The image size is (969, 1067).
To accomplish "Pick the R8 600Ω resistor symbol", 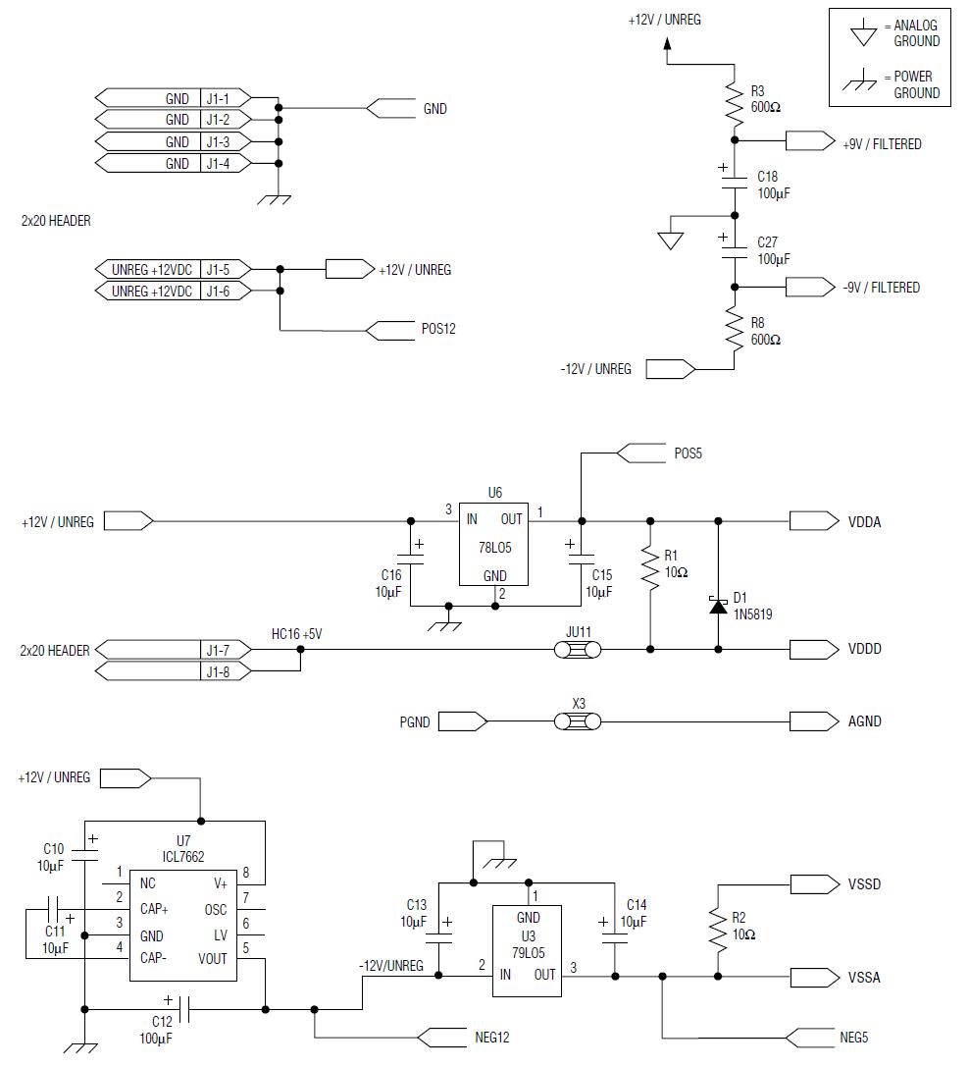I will pos(734,328).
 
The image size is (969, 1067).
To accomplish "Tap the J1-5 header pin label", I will pos(218,269).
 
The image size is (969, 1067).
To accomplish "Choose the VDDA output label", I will pos(864,522).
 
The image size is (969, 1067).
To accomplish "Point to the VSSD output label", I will pos(864,884).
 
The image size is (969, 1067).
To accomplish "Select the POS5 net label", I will pos(688,453).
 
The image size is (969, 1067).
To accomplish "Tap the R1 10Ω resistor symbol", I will pos(648,570).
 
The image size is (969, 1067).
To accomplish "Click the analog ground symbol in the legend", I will pos(863,34).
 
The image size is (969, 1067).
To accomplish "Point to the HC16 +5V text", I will pos(296,634).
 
